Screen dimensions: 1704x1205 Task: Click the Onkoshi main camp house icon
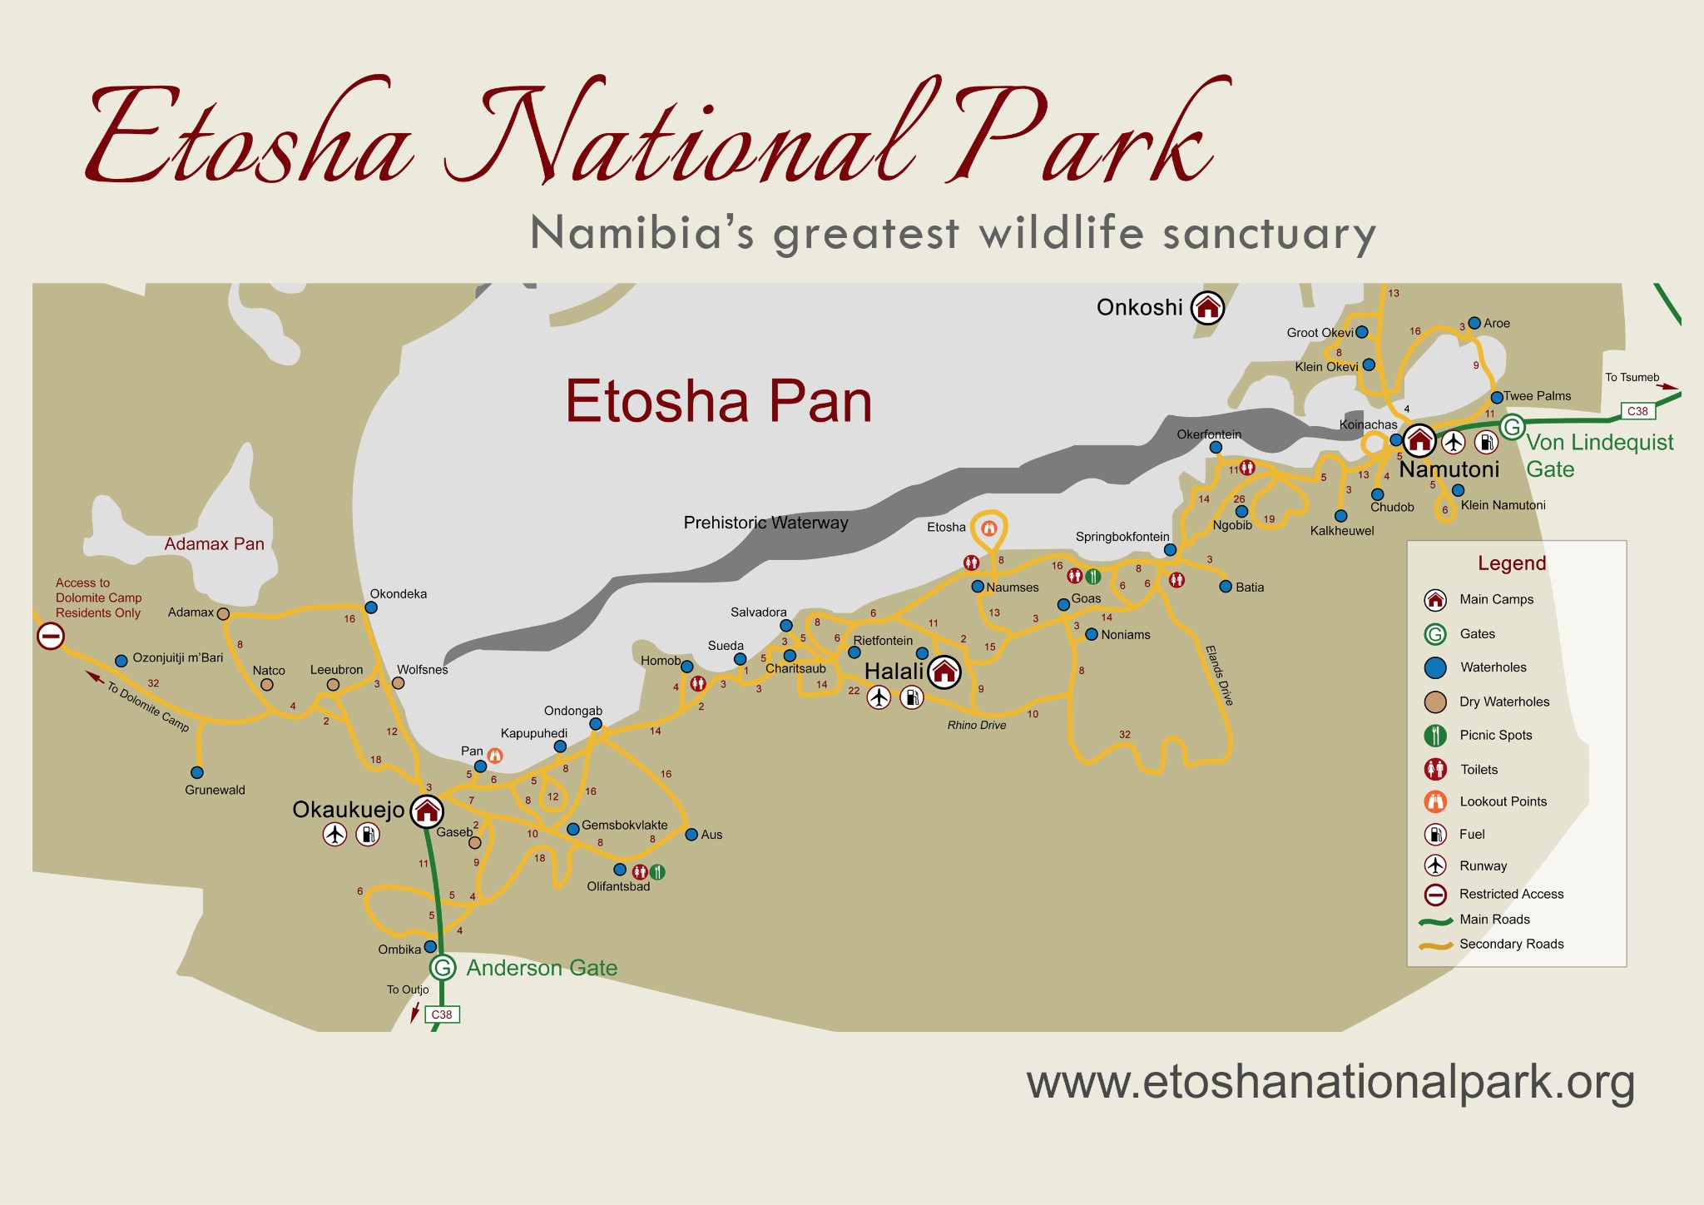point(1207,308)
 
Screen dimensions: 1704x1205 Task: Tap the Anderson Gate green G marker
point(443,968)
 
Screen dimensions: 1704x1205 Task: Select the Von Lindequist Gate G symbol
point(1512,428)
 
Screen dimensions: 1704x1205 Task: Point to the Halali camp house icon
point(944,672)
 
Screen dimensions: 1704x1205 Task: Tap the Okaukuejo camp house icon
point(427,811)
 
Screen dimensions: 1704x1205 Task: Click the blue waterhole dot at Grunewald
point(197,772)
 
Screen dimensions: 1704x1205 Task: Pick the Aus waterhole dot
point(691,835)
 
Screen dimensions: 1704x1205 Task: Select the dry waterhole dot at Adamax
point(223,613)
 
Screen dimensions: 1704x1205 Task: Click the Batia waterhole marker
point(1226,587)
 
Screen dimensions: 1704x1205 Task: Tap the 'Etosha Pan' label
point(719,401)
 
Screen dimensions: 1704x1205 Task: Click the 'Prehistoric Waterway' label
point(765,523)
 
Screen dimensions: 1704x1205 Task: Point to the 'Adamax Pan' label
point(214,544)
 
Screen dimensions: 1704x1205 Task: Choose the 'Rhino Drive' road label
point(977,726)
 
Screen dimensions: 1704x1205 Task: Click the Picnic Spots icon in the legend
point(1435,736)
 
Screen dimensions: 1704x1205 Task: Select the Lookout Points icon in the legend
point(1435,802)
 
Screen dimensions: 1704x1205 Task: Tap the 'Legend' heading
point(1512,563)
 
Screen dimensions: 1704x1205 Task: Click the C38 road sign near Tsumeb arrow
point(1637,411)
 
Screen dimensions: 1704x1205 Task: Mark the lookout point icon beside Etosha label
point(989,528)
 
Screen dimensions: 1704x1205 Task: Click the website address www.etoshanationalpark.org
point(1330,1083)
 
